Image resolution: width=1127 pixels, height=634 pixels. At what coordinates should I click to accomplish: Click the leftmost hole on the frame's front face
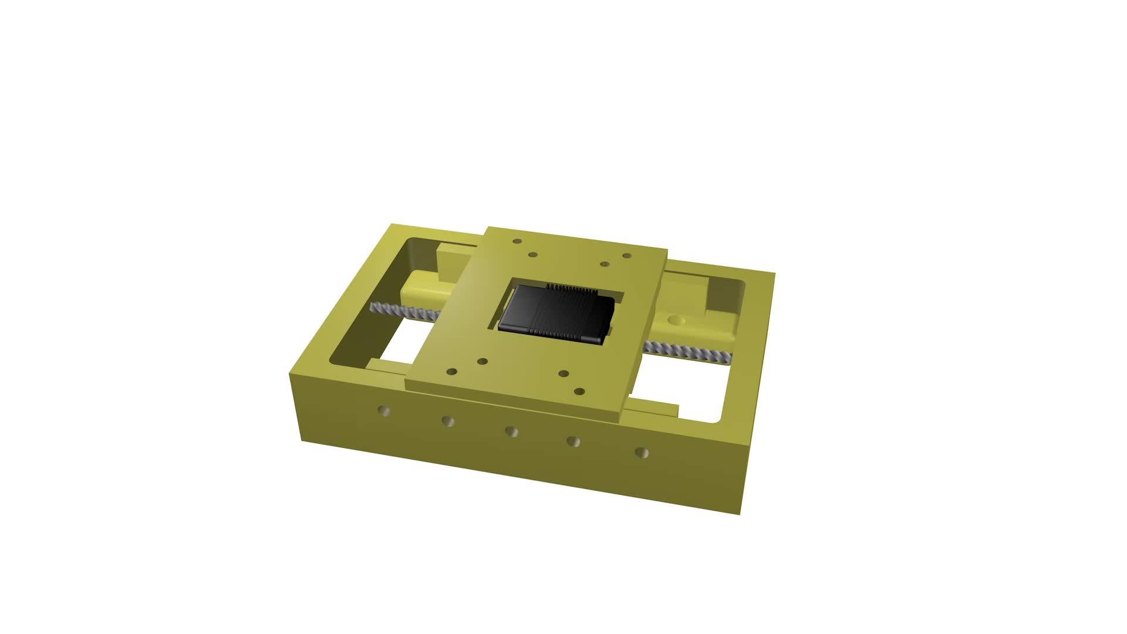384,411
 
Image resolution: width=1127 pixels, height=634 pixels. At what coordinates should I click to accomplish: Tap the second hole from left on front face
448,421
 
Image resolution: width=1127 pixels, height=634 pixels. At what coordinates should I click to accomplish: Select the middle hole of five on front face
511,431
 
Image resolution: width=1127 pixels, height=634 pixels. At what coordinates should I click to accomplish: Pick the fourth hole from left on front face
574,441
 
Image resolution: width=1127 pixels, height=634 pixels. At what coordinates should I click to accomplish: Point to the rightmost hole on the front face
642,453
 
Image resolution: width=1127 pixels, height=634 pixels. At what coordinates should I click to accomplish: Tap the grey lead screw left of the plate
405,312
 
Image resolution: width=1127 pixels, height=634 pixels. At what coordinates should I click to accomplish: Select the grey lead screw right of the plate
687,352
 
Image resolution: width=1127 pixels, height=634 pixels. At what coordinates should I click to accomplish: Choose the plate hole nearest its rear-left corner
517,241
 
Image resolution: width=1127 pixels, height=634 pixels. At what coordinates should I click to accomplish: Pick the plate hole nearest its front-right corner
579,392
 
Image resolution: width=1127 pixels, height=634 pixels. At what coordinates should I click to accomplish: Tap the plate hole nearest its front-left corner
451,372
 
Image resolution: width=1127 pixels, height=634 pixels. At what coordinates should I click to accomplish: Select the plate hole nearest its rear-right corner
627,257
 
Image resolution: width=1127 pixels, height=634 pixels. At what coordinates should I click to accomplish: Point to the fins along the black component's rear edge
572,288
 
